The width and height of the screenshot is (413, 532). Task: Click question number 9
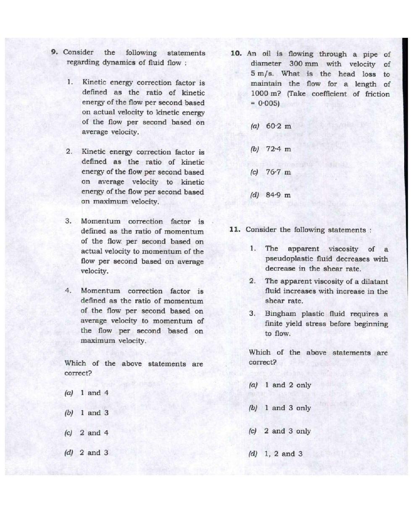[54, 52]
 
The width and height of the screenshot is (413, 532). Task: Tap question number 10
[236, 53]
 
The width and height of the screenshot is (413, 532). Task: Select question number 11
[235, 229]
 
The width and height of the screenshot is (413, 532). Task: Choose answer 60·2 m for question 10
[278, 126]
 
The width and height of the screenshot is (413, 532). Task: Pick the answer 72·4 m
[278, 149]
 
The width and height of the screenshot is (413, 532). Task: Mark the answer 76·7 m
[278, 172]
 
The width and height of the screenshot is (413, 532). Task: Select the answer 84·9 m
[278, 195]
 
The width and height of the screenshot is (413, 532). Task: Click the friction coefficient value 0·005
[268, 103]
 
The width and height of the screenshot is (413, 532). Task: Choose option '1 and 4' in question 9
[94, 393]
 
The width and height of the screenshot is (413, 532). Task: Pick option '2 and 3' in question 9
[94, 453]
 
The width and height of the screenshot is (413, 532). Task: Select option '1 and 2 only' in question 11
[288, 385]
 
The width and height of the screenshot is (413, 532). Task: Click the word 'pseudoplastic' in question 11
[290, 259]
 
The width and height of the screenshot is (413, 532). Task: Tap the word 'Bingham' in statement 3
[281, 314]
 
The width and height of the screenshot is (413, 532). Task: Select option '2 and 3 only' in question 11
[287, 431]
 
